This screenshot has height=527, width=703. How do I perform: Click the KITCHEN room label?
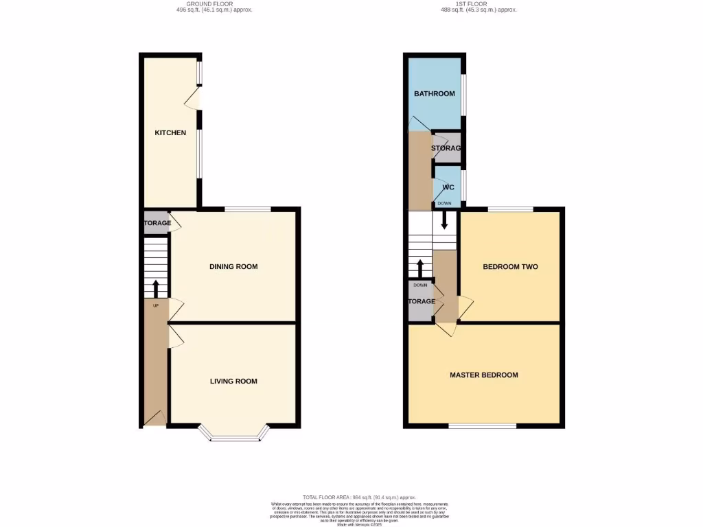pyautogui.click(x=170, y=132)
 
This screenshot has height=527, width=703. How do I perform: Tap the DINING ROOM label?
pyautogui.click(x=233, y=266)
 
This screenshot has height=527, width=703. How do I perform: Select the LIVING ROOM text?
pyautogui.click(x=233, y=381)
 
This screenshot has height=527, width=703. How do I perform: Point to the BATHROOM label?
pyautogui.click(x=434, y=94)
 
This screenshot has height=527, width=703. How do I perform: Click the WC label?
pyautogui.click(x=448, y=187)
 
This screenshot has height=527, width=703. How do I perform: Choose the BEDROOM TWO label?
pyautogui.click(x=510, y=267)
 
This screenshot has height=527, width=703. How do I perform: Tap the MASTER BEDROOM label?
pyautogui.click(x=484, y=375)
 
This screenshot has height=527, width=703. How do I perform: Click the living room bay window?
pyautogui.click(x=233, y=436)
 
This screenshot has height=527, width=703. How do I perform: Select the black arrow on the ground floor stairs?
pyautogui.click(x=155, y=288)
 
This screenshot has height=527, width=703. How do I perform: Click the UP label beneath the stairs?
pyautogui.click(x=155, y=305)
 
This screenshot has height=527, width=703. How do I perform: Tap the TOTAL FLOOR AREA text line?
pyautogui.click(x=359, y=497)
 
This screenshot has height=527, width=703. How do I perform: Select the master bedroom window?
pyautogui.click(x=482, y=426)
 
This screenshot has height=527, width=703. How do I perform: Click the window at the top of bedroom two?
pyautogui.click(x=510, y=209)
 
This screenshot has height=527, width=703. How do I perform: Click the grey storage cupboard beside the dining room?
pyautogui.click(x=156, y=223)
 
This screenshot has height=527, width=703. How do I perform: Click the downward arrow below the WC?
pyautogui.click(x=445, y=220)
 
